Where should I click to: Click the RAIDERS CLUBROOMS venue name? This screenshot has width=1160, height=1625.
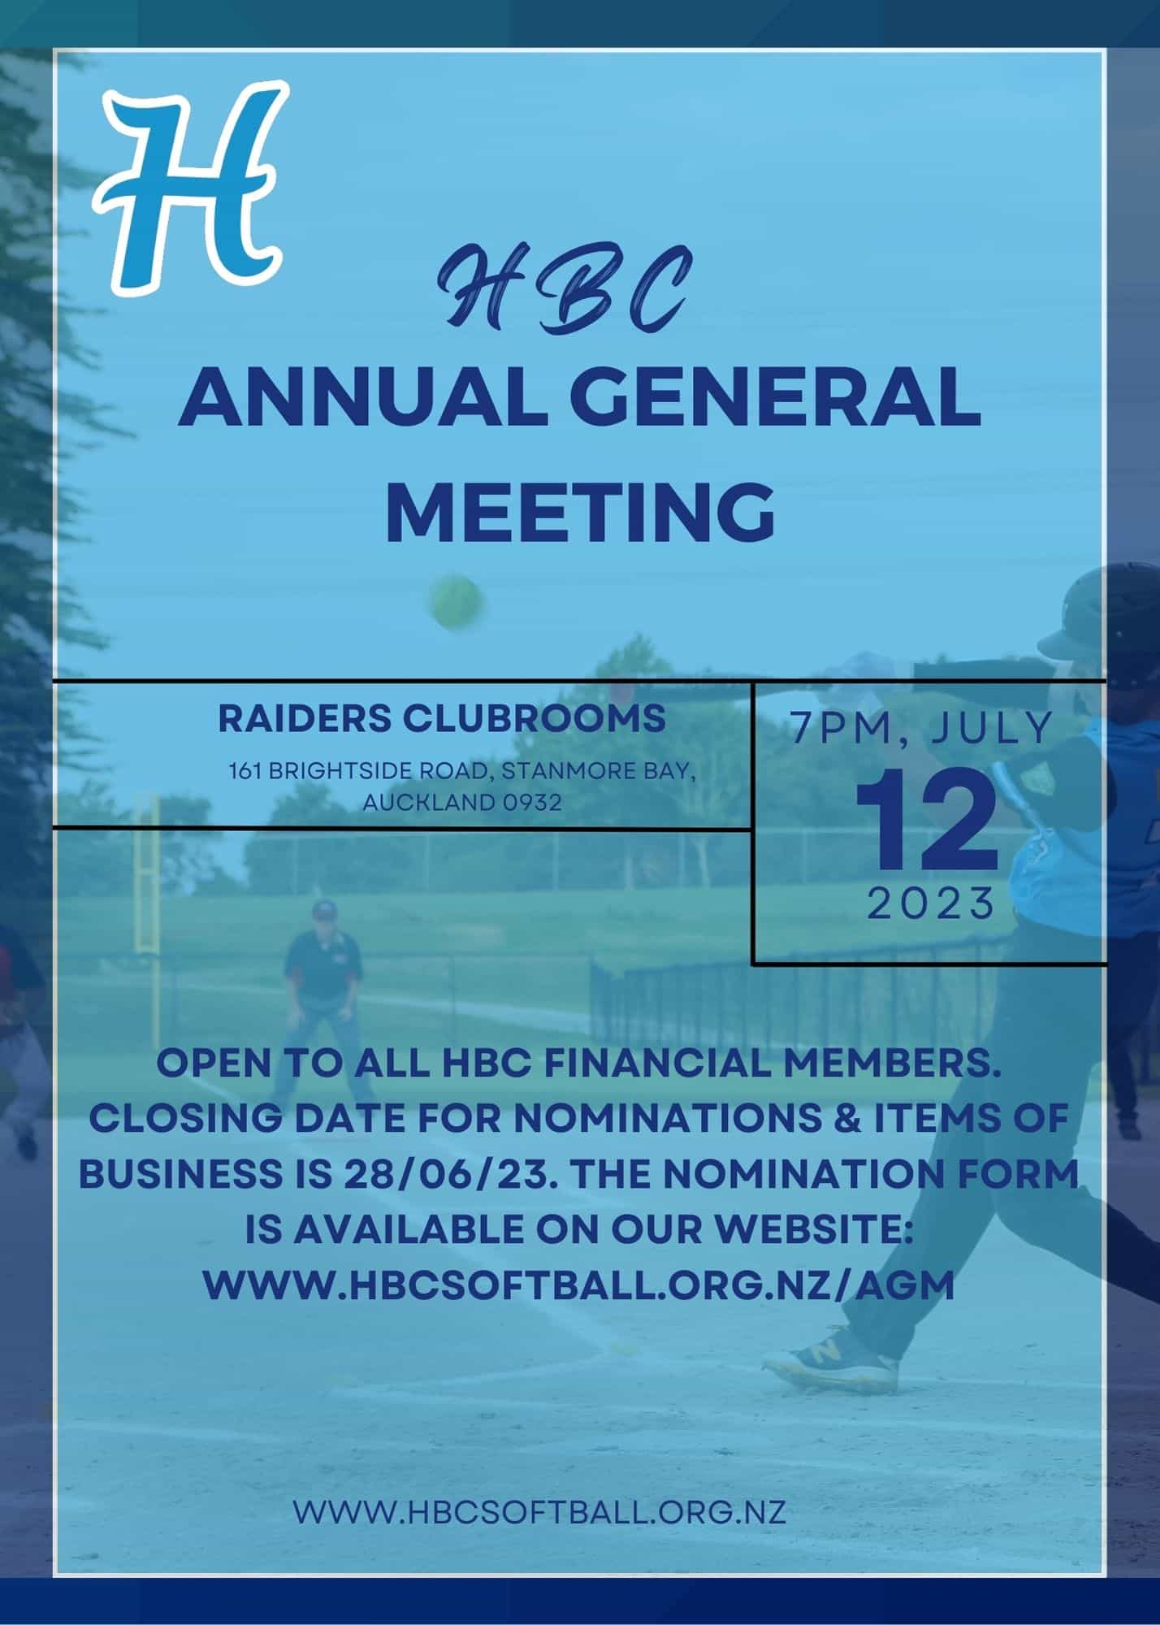(442, 718)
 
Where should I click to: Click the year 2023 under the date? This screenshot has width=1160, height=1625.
(931, 903)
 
